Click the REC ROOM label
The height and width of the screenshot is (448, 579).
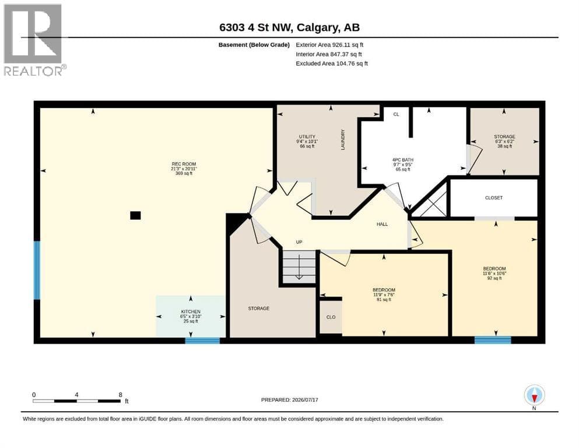184,164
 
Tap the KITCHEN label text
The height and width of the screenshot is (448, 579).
191,311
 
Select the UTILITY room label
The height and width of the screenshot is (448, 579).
307,136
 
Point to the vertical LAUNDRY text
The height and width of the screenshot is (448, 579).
343,139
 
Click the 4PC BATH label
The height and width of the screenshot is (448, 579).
403,160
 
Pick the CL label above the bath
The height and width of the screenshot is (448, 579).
396,114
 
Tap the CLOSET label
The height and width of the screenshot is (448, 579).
494,198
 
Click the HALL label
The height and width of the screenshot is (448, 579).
382,224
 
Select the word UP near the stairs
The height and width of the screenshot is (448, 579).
299,242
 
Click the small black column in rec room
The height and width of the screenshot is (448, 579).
135,215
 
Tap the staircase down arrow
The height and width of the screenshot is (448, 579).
299,269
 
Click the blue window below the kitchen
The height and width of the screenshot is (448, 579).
202,341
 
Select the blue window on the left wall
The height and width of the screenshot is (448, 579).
37,270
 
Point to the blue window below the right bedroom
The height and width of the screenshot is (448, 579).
493,340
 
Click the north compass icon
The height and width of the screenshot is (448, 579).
534,395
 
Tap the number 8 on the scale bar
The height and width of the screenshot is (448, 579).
120,395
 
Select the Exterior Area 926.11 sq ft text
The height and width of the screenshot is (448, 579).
330,45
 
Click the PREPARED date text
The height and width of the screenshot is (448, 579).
289,400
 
